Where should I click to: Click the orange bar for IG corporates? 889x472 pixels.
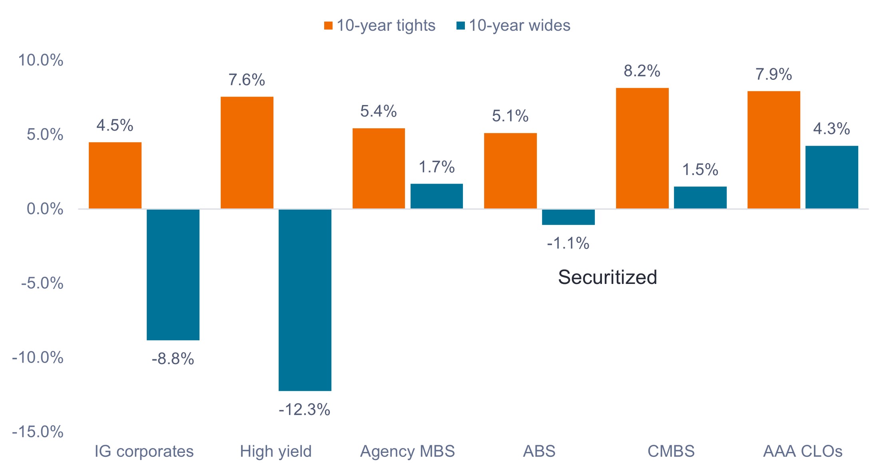tap(115, 175)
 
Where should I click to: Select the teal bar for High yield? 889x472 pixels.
tap(305, 299)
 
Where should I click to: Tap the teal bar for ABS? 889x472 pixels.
tap(568, 217)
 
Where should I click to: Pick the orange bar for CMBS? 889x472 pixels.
tap(642, 148)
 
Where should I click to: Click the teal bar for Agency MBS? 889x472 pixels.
tap(437, 196)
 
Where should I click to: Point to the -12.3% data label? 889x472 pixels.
tap(305, 410)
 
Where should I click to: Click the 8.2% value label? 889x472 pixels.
tap(642, 71)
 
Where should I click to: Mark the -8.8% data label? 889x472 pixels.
tap(173, 359)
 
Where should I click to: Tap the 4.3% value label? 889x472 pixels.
tap(831, 129)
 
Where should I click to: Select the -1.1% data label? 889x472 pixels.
tap(568, 243)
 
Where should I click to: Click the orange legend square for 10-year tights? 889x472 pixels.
tap(329, 26)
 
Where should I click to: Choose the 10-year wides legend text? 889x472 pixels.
tap(519, 26)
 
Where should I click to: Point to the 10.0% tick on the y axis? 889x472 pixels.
tap(41, 60)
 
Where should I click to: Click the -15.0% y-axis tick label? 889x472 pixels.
tap(38, 432)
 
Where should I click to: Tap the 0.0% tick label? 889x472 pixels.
tap(45, 209)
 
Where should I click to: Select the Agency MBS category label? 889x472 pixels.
tap(407, 451)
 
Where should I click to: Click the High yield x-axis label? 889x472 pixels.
tap(276, 451)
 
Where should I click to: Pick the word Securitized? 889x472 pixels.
tap(607, 277)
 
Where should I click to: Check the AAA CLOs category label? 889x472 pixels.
tap(803, 451)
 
